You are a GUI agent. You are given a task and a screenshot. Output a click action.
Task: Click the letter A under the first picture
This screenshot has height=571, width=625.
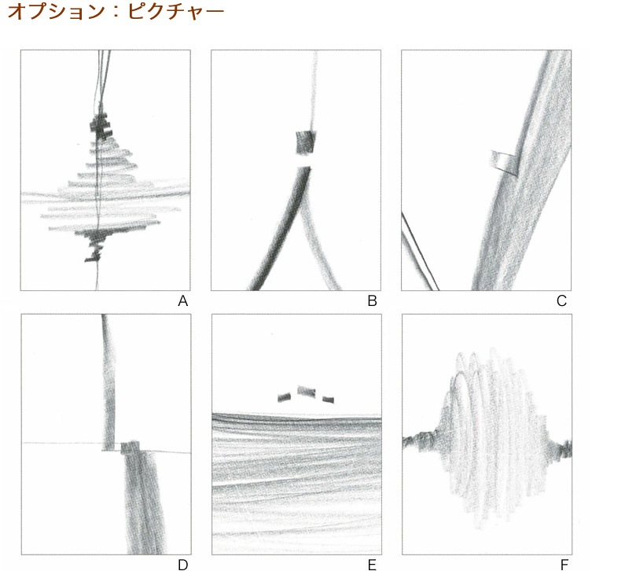coord(182,301)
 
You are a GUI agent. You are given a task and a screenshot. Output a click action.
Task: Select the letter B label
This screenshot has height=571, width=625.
coord(373,301)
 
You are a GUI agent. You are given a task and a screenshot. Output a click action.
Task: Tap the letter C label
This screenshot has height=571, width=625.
coord(561,301)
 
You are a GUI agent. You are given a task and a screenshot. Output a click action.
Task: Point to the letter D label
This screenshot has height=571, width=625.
coord(182,565)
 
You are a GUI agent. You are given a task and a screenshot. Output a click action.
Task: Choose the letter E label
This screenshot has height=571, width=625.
coord(372,565)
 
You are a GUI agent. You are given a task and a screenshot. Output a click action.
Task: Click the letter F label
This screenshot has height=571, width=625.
coord(564,565)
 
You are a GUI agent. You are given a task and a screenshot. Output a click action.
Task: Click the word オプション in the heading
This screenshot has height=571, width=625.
coord(56,12)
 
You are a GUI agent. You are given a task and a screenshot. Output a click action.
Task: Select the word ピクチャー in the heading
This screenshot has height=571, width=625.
coord(176,12)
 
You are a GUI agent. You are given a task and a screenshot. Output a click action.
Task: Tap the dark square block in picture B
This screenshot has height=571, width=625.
coord(306,143)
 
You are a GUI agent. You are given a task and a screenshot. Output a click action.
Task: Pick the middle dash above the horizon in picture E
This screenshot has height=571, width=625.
coord(307,391)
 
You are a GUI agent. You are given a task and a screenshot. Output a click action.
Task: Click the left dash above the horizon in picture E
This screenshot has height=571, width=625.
coord(285,397)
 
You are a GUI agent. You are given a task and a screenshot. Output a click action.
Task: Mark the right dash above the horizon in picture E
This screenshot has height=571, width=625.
coord(328,400)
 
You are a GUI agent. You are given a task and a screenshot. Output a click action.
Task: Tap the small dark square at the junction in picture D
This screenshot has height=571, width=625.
coord(131,448)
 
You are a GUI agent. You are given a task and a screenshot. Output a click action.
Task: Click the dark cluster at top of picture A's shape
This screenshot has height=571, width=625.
coord(100,127)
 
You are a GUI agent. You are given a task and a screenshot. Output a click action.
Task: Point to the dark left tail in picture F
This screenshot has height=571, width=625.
coord(421,440)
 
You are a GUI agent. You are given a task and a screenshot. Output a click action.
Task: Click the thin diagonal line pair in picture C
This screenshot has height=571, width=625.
coord(420,252)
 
